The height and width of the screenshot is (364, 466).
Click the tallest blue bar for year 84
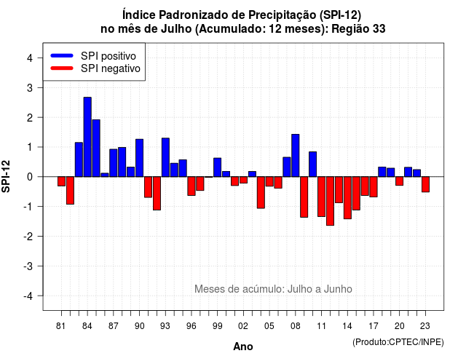(x=87, y=137)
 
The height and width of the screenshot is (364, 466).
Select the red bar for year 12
(x=330, y=201)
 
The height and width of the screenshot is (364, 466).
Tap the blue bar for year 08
(x=296, y=155)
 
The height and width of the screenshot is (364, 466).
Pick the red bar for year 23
(x=425, y=184)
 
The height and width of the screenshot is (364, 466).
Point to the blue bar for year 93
(x=165, y=157)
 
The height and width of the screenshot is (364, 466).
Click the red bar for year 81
(x=61, y=181)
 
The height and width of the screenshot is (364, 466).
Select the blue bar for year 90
(x=139, y=158)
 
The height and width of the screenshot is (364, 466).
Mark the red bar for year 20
(x=400, y=181)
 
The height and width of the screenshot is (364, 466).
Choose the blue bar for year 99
(x=218, y=167)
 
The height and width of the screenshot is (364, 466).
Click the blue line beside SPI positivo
(x=62, y=55)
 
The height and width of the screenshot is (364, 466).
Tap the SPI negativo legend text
(x=111, y=68)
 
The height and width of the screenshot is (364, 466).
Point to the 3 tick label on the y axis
(x=30, y=88)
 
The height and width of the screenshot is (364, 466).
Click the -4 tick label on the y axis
(x=29, y=296)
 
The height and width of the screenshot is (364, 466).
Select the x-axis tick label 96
(x=191, y=326)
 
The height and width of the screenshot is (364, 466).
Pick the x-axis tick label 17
(x=374, y=326)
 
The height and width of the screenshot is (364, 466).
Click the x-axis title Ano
(x=243, y=347)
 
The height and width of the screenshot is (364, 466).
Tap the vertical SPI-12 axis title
(x=6, y=176)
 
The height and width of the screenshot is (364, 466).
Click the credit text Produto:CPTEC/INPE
(x=398, y=342)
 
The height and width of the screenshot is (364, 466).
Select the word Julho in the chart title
(x=176, y=29)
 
